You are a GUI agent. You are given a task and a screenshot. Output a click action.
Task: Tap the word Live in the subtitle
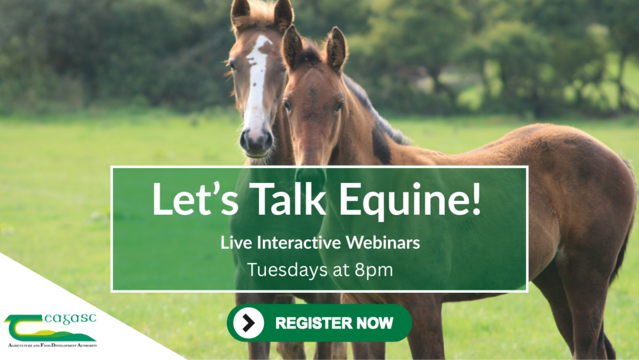point(233,243)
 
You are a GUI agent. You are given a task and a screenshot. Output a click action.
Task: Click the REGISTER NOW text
point(334,323)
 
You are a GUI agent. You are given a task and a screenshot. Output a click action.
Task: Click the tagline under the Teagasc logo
point(51,345)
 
